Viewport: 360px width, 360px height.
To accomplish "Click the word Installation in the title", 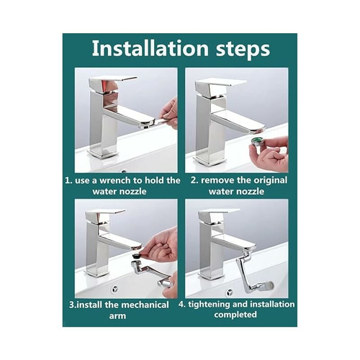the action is click(x=150, y=48).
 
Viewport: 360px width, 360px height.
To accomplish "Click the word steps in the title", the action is click(x=243, y=50).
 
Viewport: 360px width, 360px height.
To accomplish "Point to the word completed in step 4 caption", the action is click(x=235, y=315).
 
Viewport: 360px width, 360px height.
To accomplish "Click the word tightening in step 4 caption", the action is click(x=209, y=305).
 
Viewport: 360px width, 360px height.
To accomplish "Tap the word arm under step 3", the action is click(x=117, y=316).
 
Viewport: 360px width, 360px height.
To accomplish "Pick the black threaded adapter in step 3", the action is click(x=136, y=256).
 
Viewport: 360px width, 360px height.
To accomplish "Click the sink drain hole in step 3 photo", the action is click(x=115, y=289).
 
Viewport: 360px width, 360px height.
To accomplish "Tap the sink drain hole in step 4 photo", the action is click(x=230, y=292).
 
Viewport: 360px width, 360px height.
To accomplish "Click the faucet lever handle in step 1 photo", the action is click(x=112, y=84).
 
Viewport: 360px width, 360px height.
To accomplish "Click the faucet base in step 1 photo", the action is click(x=104, y=153).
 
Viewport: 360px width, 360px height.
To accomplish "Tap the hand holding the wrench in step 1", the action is click(x=169, y=112).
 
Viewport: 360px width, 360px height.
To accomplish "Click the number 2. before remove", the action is click(x=194, y=181).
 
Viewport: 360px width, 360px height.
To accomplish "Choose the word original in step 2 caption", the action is click(x=270, y=181).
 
